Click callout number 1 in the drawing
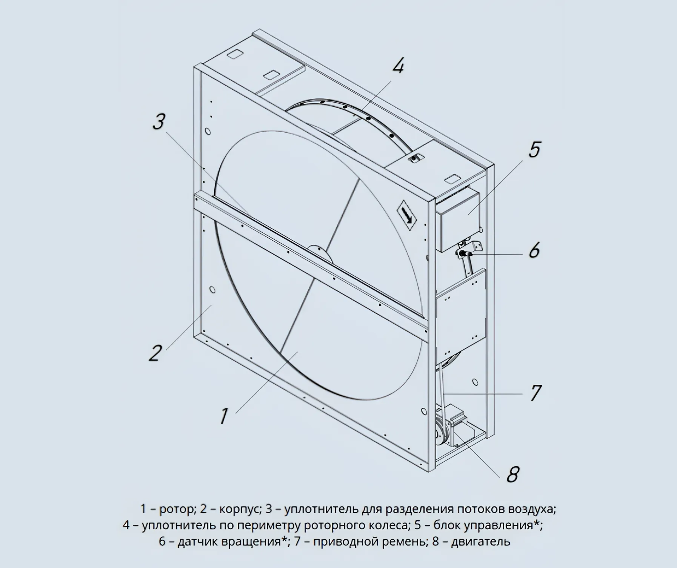click(x=224, y=416)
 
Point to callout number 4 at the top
click(x=398, y=66)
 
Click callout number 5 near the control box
click(x=534, y=149)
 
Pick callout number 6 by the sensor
click(x=534, y=250)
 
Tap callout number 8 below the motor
click(x=512, y=474)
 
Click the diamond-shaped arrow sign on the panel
click(x=406, y=216)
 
